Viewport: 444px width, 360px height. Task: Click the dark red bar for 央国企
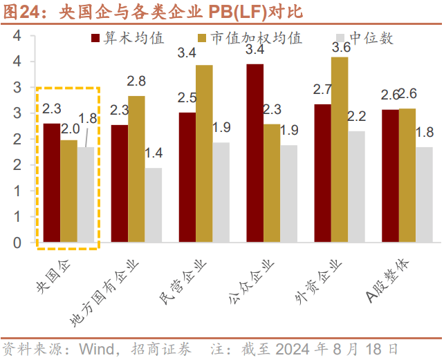(51, 183)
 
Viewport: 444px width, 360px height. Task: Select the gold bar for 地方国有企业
(136, 169)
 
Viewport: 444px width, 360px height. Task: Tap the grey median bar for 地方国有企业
(154, 205)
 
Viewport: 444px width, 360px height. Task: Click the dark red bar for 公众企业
(255, 153)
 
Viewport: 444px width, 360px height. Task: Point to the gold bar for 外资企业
(340, 149)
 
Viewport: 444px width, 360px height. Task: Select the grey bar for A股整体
(424, 194)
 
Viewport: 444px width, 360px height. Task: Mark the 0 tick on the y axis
(17, 243)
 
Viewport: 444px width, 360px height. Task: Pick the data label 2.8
(136, 82)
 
